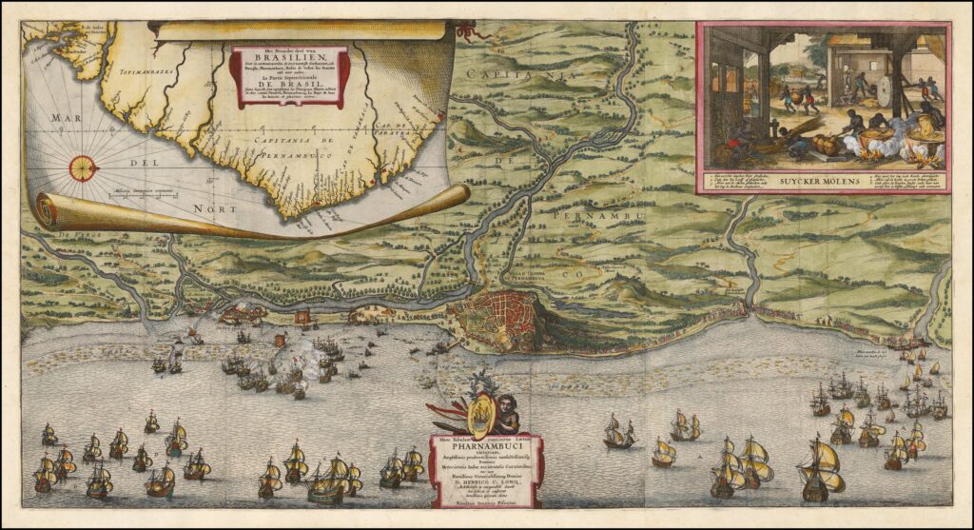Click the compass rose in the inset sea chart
coord(83,168)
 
